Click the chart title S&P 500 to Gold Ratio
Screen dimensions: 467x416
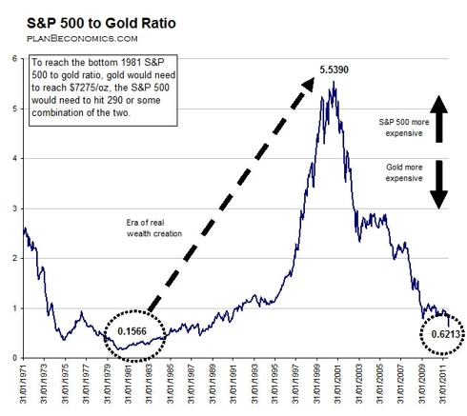(101, 23)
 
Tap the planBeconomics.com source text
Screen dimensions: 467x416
(82, 39)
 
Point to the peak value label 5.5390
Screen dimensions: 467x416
(334, 69)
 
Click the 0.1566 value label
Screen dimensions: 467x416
(132, 331)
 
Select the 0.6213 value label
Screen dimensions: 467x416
(446, 334)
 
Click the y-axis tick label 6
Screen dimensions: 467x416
(14, 59)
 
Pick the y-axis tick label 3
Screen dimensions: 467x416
(14, 208)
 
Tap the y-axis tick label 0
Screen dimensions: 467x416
(14, 358)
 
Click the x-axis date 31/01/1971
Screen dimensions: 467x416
(23, 384)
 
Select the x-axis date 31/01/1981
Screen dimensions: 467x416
(129, 384)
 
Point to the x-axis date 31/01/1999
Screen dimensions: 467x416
(317, 384)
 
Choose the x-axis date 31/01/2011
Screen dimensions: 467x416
(443, 384)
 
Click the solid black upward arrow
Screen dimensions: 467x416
(439, 119)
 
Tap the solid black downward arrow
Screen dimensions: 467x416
(439, 185)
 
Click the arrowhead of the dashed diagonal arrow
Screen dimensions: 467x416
(309, 84)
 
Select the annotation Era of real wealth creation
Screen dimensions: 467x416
(154, 228)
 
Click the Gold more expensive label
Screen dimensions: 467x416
(404, 172)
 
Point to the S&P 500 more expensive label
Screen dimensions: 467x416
(404, 128)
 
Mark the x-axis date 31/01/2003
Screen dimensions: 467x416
(359, 384)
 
